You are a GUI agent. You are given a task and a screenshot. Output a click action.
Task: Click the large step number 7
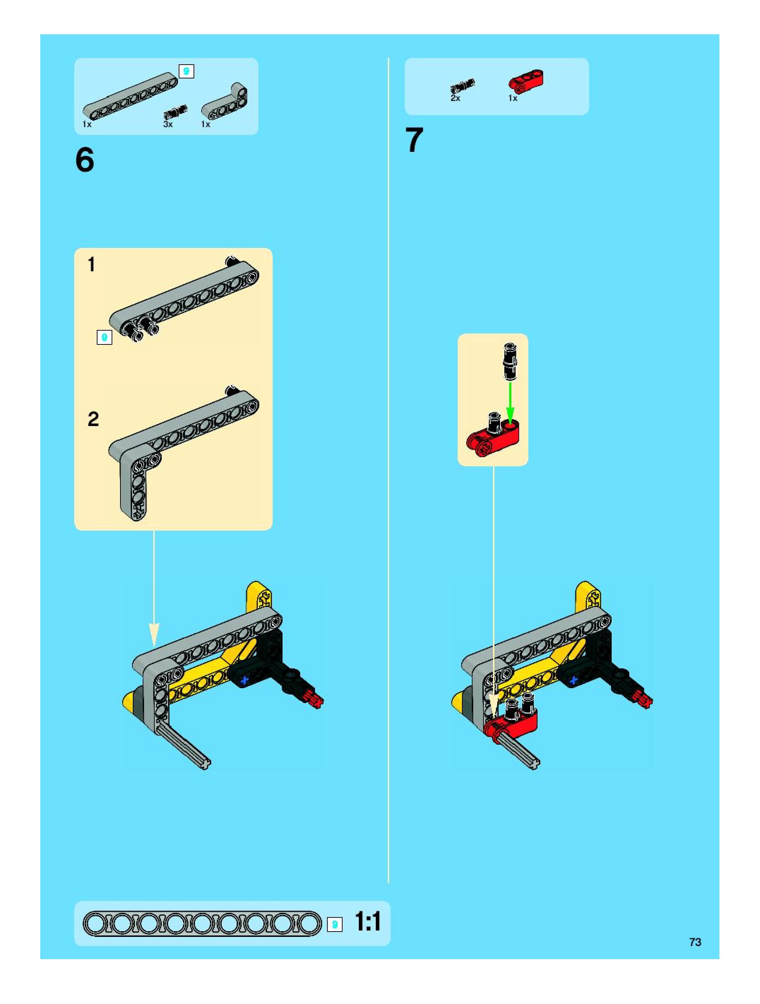click(x=414, y=140)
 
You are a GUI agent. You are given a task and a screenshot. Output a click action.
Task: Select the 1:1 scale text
click(x=368, y=922)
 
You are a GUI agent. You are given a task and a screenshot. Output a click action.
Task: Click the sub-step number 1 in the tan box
click(x=92, y=265)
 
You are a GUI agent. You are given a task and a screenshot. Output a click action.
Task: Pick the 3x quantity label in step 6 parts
click(x=168, y=124)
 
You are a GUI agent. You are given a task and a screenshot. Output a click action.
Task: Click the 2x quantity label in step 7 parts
click(x=455, y=98)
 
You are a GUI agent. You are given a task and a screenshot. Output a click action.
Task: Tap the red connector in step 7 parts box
click(x=526, y=81)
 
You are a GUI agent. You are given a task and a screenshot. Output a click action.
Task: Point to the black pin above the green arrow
click(x=510, y=362)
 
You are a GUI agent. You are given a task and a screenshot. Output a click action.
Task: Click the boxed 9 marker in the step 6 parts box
click(x=186, y=71)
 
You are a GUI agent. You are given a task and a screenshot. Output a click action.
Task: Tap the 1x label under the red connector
click(x=513, y=98)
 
